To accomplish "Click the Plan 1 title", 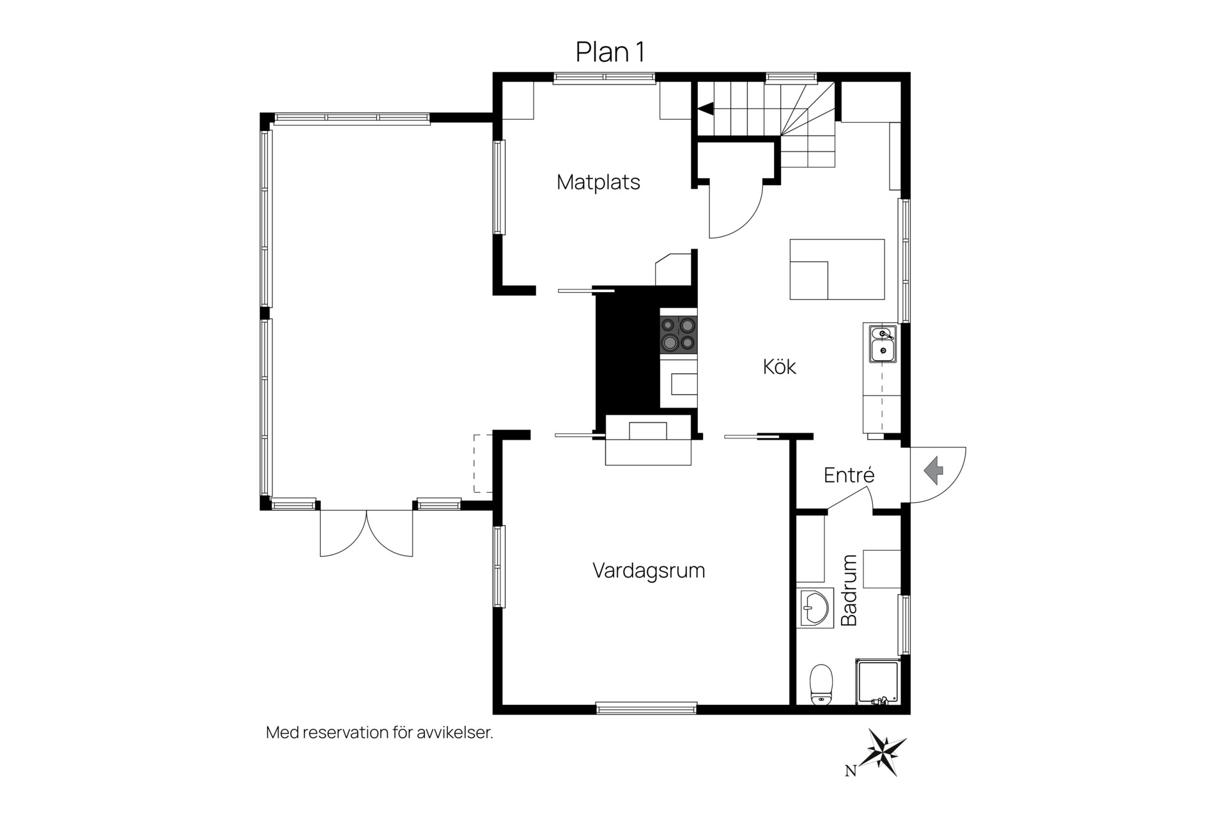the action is (610, 52).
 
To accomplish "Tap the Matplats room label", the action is (598, 182).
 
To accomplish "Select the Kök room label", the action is (780, 366).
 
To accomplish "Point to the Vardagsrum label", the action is (649, 570).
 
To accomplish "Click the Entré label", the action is (849, 475).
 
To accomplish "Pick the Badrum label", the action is (849, 590).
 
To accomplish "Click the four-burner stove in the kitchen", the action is (679, 334).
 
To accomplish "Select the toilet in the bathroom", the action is (821, 684).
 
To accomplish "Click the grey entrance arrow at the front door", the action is (934, 470).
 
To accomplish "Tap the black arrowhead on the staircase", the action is (705, 109).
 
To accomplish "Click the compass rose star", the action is (883, 752).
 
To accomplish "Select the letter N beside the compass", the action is (851, 771).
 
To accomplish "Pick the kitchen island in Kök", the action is (837, 269).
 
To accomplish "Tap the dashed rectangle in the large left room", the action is (482, 463).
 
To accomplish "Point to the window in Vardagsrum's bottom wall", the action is (646, 707).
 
